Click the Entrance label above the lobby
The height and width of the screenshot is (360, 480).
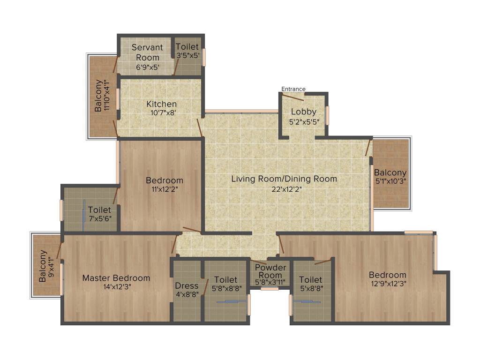(293, 89)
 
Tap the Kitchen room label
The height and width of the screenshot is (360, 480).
(161, 104)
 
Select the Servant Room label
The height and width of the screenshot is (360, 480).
(147, 52)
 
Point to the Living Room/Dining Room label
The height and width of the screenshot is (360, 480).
(284, 179)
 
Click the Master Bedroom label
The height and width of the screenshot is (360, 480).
(116, 278)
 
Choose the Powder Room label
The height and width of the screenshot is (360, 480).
(270, 271)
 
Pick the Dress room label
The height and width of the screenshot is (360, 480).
(187, 285)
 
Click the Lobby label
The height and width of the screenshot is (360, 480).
(303, 112)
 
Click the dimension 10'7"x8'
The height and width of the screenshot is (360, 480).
(161, 112)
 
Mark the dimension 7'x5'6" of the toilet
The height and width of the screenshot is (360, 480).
(99, 218)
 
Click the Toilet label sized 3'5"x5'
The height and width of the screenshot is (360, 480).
(187, 47)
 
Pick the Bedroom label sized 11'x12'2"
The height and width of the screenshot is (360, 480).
(165, 180)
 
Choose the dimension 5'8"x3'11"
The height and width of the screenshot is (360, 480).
(270, 282)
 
